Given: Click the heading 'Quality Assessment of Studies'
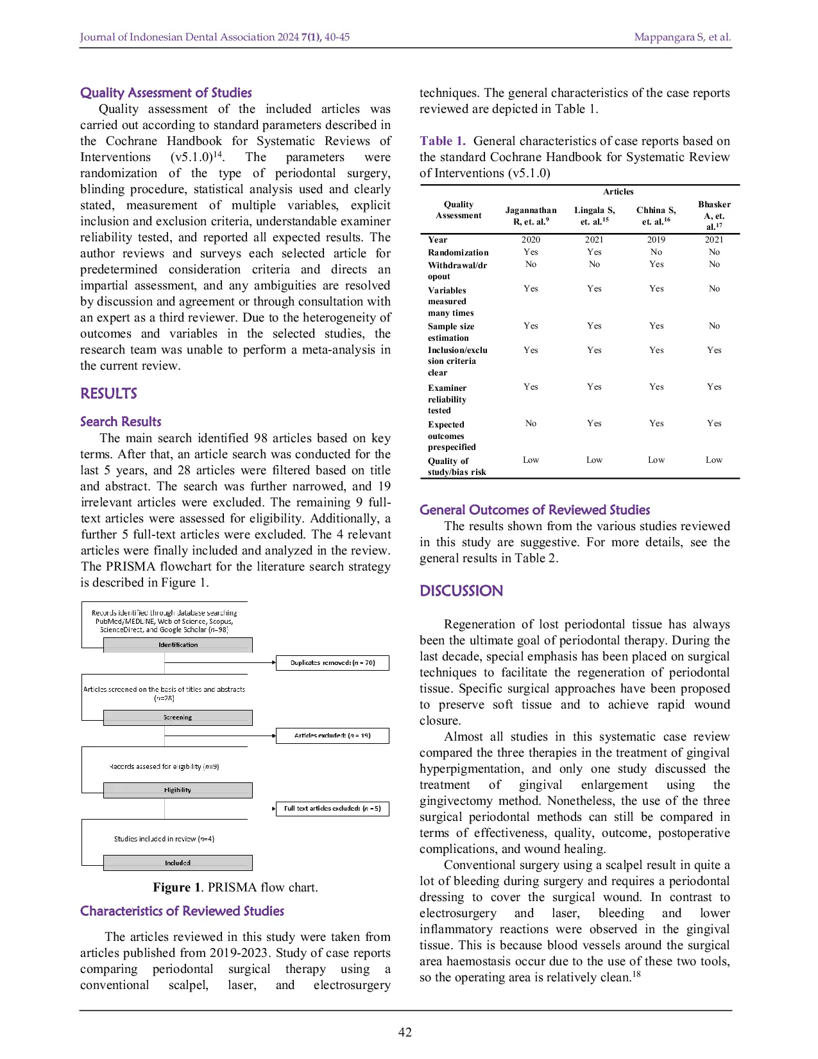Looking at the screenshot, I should click(166, 92).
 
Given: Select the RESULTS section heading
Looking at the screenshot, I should click(108, 393).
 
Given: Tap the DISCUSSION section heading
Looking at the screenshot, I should click(461, 590).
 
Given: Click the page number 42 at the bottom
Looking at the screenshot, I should click(405, 1032).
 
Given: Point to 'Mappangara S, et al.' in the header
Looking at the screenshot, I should click(682, 37).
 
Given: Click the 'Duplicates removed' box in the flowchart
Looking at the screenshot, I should click(332, 662).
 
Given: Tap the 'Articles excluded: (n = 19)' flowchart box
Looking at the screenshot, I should click(332, 736).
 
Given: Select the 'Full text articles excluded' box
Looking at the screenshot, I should click(332, 808).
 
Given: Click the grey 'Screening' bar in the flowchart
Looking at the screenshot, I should click(178, 718).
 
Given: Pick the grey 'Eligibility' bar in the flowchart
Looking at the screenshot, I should click(178, 790).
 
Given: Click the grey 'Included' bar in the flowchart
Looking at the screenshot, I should click(178, 863).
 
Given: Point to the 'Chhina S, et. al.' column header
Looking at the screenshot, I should click(656, 216).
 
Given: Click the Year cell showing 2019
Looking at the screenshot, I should click(656, 239).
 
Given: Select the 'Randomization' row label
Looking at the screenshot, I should click(458, 252).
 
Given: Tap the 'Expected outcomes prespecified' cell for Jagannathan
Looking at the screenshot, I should click(531, 424).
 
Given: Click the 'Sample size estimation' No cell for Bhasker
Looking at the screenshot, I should click(714, 326).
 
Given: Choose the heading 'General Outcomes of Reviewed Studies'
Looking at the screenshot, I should click(534, 510).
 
